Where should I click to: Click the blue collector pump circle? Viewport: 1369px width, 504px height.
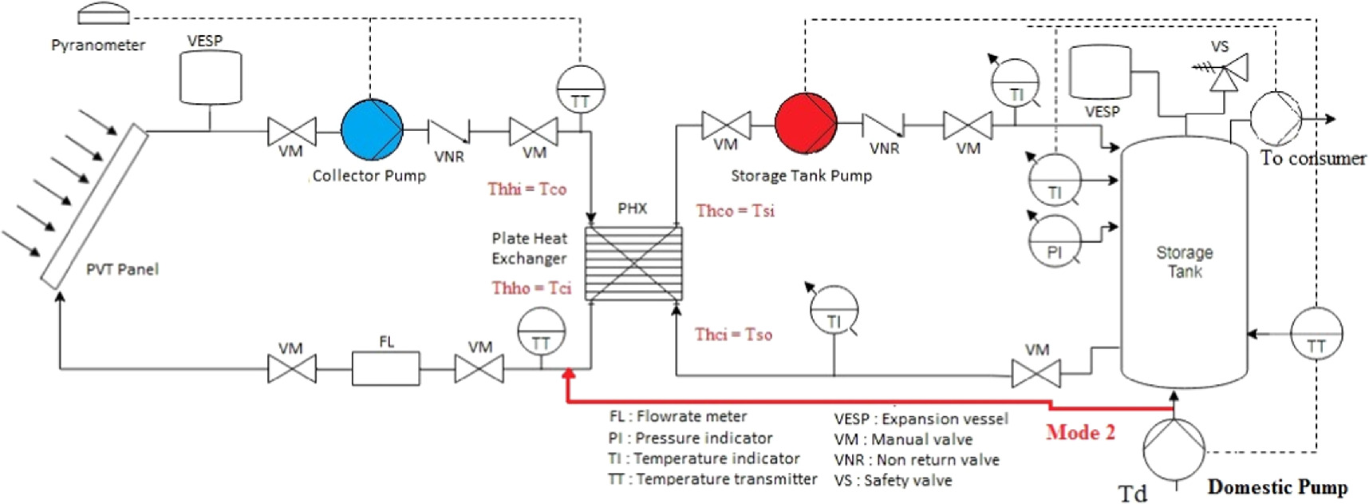[x=372, y=129]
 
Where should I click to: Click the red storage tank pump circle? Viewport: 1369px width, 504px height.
[x=806, y=124]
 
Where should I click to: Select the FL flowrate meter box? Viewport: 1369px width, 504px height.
[x=385, y=369]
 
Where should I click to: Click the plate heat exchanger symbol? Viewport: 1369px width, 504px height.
[x=633, y=263]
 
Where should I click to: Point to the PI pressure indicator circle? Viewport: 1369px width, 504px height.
[x=1054, y=241]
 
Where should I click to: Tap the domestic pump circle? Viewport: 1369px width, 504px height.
[x=1174, y=450]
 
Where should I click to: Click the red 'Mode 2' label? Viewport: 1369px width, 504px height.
[x=1080, y=433]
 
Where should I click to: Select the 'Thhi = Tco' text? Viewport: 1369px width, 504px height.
[x=527, y=189]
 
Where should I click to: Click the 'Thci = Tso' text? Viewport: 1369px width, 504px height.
[x=733, y=335]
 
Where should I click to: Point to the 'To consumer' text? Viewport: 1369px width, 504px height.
[x=1312, y=158]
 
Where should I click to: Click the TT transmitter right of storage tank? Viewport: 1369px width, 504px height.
[x=1316, y=334]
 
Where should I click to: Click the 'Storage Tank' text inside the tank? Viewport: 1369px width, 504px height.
[x=1185, y=262]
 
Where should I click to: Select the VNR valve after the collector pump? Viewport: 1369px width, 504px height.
[x=448, y=130]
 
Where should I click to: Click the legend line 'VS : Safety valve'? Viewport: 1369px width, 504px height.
[x=893, y=481]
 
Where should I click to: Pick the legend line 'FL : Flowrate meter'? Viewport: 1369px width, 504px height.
[x=678, y=416]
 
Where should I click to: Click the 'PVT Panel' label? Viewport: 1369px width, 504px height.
[x=122, y=270]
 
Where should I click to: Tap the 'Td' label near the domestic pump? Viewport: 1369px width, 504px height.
[x=1132, y=493]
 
